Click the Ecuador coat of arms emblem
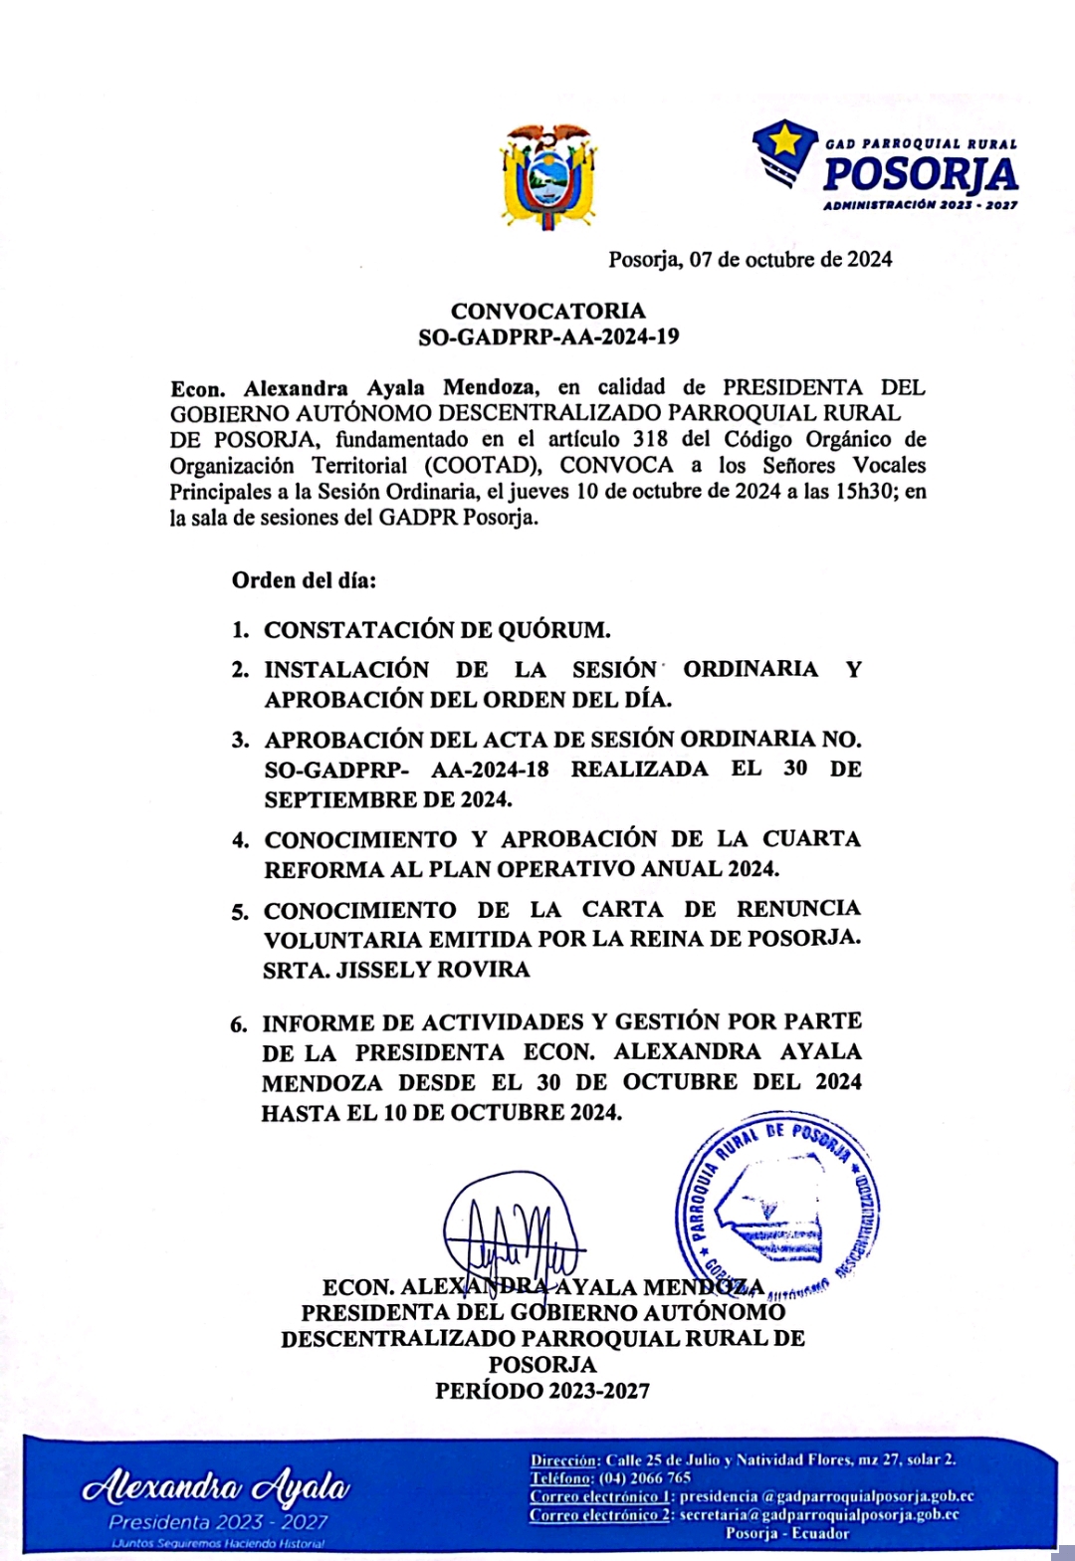pyautogui.click(x=548, y=177)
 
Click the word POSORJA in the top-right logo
pyautogui.click(x=921, y=175)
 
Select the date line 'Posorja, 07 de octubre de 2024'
pyautogui.click(x=751, y=260)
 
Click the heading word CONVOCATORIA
pyautogui.click(x=548, y=311)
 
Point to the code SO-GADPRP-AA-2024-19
pyautogui.click(x=548, y=336)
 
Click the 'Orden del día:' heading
pyautogui.click(x=305, y=579)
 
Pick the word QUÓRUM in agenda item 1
pyautogui.click(x=558, y=630)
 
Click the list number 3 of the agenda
pyautogui.click(x=240, y=741)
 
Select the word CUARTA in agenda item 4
pyautogui.click(x=811, y=838)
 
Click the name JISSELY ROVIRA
pyautogui.click(x=433, y=970)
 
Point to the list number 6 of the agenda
pyautogui.click(x=239, y=1024)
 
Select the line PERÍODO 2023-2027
pyautogui.click(x=542, y=1391)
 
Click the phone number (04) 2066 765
pyautogui.click(x=645, y=1478)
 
